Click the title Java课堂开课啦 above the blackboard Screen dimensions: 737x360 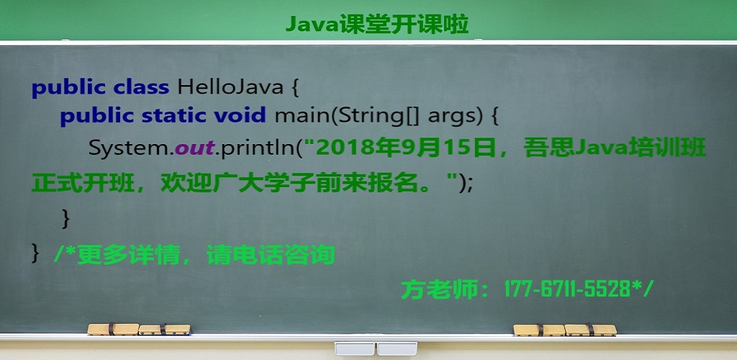[377, 24]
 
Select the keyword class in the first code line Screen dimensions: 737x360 [141, 87]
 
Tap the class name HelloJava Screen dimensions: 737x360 [230, 87]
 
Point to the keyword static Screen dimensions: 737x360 [173, 116]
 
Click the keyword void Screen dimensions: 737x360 [240, 116]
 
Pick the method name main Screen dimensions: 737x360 [302, 116]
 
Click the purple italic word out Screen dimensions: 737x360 [194, 148]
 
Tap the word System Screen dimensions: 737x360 [128, 148]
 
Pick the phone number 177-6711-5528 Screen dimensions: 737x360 [567, 289]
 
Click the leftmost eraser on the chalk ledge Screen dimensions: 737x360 [113, 329]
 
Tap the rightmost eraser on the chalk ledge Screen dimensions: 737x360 [590, 330]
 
